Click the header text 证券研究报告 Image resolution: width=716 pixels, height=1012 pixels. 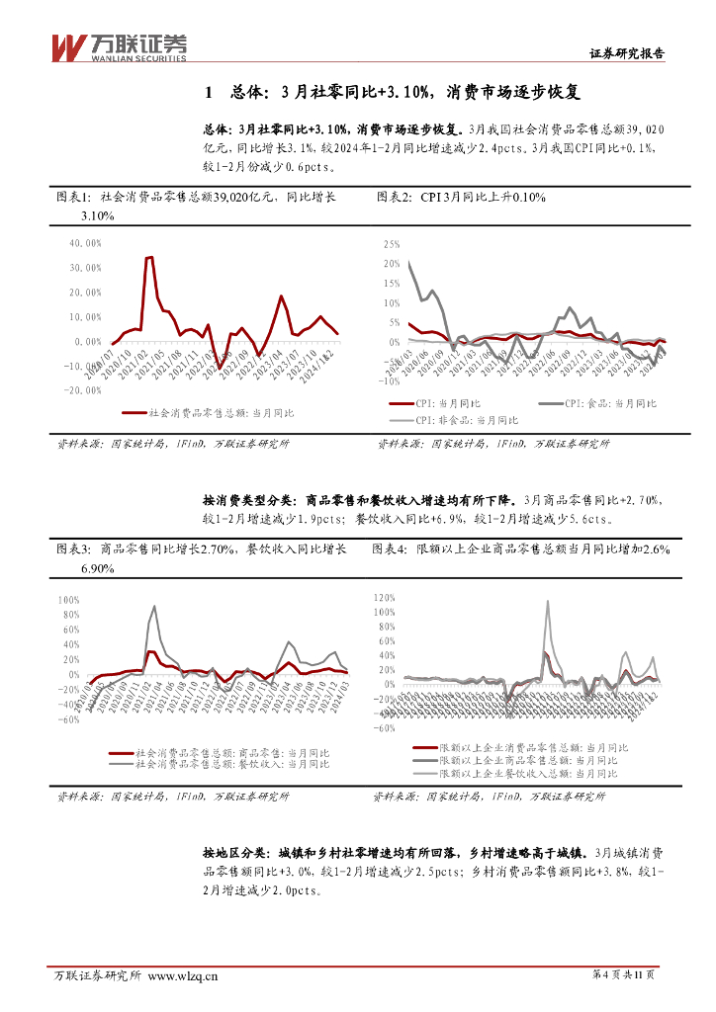pyautogui.click(x=627, y=54)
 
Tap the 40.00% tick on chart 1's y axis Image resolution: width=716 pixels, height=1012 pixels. pyautogui.click(x=85, y=242)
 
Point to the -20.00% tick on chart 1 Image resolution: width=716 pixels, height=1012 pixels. pyautogui.click(x=83, y=390)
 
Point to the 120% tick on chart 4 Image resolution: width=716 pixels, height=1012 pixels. pyautogui.click(x=383, y=597)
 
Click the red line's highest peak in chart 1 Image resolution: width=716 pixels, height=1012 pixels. pyautogui.click(x=149, y=257)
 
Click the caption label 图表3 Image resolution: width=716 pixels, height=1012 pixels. pyautogui.click(x=74, y=548)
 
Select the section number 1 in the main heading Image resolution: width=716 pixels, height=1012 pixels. pyautogui.click(x=208, y=93)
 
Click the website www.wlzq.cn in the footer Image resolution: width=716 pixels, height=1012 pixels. pyautogui.click(x=182, y=976)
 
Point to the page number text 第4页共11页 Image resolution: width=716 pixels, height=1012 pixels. pyautogui.click(x=629, y=975)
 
